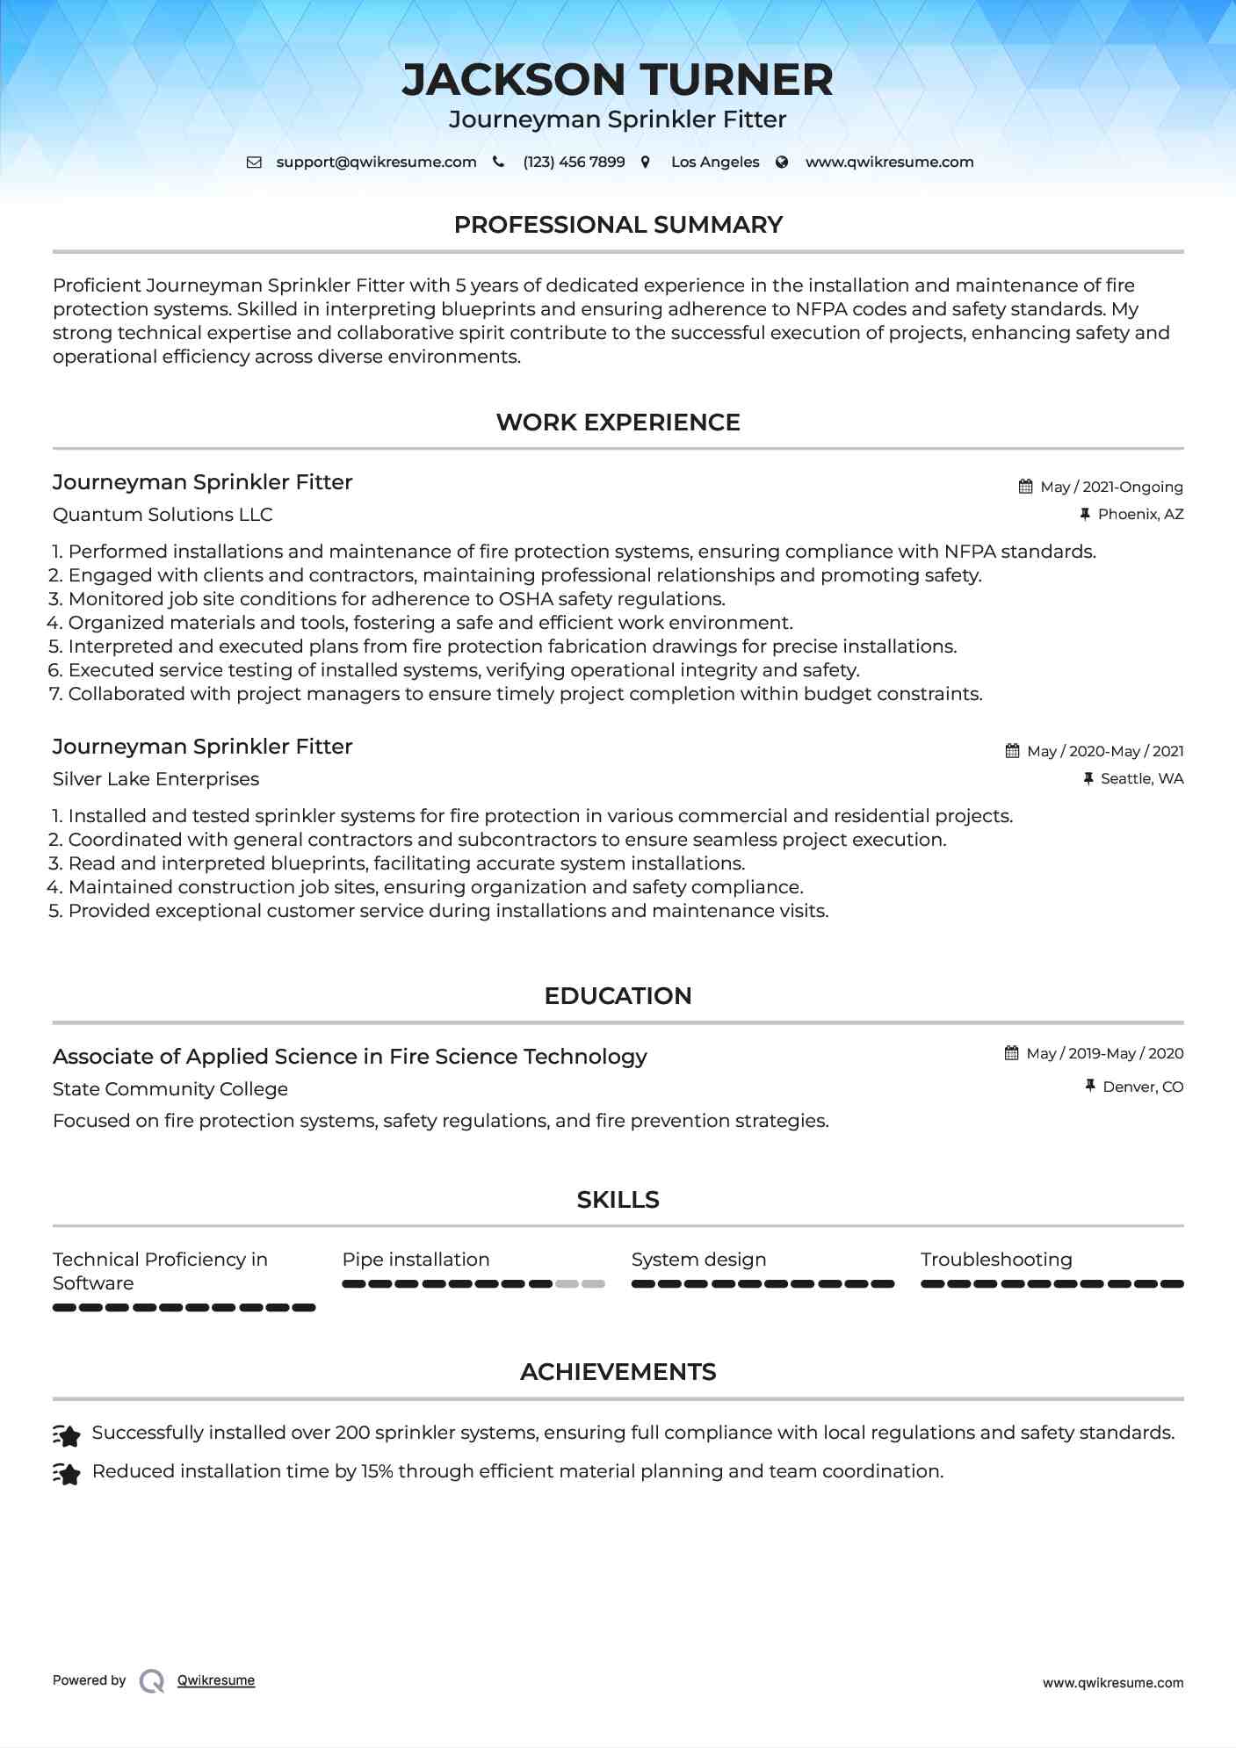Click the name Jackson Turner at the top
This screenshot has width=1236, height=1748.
pos(618,80)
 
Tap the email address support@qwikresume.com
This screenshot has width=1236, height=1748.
pos(376,162)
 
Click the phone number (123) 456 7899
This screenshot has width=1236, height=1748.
pos(574,162)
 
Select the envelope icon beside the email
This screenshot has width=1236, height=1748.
pos(254,162)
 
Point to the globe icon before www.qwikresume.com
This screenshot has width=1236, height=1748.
pos(782,162)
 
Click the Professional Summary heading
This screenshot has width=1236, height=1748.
pos(618,225)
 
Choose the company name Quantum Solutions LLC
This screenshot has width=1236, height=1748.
pos(163,515)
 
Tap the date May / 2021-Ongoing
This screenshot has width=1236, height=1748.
pos(1111,487)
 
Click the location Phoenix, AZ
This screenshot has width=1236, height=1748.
pos(1140,514)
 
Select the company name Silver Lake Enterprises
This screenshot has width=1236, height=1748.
pos(155,779)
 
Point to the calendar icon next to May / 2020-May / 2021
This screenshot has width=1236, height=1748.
pos(1012,751)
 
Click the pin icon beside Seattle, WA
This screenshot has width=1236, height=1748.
pos(1088,778)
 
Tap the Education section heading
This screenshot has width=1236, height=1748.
pos(618,996)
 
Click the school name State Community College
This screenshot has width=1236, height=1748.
pos(170,1089)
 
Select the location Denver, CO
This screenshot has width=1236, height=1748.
pos(1143,1087)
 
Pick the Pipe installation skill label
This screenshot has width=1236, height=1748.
pos(416,1260)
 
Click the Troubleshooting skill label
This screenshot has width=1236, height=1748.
pos(996,1260)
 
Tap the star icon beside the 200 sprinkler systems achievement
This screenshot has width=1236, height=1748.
pos(67,1434)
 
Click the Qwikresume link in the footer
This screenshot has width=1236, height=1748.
pos(216,1680)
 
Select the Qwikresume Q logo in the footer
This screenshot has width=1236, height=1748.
pos(152,1680)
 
